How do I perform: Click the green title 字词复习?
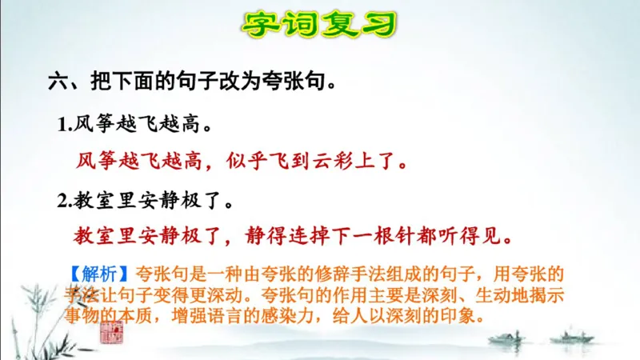(320, 23)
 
